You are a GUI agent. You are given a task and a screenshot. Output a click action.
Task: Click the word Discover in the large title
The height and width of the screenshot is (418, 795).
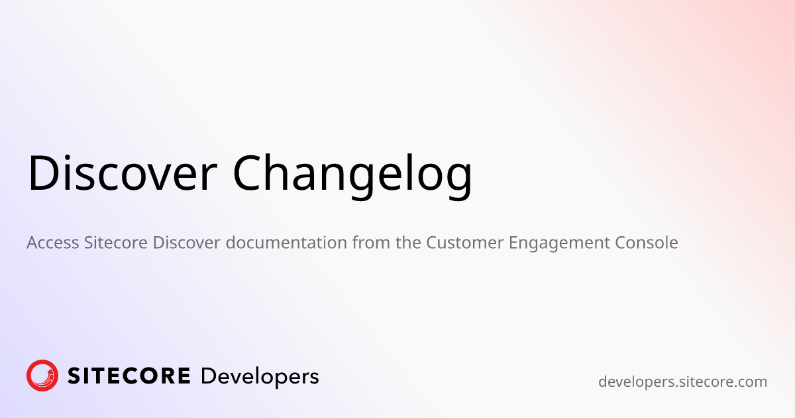coord(122,173)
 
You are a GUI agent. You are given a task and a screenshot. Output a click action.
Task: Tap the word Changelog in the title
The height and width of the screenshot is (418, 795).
coord(352,176)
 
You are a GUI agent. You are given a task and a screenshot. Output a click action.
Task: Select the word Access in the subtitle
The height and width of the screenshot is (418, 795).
coord(53,243)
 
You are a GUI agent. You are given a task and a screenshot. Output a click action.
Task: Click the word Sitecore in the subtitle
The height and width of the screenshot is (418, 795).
coord(116,243)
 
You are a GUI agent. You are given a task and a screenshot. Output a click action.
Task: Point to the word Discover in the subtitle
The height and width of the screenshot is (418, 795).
coord(187,243)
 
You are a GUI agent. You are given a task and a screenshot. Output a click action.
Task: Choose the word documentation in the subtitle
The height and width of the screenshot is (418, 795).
coord(286,243)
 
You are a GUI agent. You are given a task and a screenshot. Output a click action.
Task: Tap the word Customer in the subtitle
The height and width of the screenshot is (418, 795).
coord(464,243)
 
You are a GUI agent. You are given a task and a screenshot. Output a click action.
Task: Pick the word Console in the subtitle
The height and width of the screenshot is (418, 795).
coord(647,243)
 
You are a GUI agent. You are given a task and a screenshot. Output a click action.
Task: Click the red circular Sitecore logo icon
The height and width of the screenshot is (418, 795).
coord(42,376)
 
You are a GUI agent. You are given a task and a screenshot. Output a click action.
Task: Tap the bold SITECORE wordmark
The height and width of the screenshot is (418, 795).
coord(129,376)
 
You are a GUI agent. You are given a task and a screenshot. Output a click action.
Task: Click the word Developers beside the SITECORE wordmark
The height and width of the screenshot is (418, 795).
coord(260,378)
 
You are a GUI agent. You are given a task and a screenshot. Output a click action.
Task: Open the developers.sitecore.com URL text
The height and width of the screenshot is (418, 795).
coord(682,382)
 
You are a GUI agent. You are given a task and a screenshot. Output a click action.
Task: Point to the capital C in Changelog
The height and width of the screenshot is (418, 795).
coord(247,173)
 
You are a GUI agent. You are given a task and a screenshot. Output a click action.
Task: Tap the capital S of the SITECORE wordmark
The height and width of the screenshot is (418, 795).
coord(75,376)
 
